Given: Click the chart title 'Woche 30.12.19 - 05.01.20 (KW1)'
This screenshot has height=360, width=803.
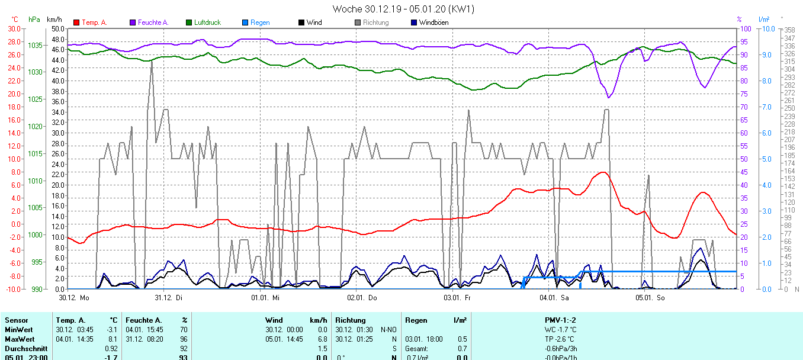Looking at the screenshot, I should [403, 9].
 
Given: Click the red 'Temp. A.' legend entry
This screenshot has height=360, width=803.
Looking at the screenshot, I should [94, 22].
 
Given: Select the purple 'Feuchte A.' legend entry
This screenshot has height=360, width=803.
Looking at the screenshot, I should [153, 22].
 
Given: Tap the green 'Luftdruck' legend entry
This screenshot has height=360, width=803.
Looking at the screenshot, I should [207, 22].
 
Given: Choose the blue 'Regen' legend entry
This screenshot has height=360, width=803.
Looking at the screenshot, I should [260, 22].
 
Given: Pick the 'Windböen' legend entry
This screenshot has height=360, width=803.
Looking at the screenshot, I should [433, 22].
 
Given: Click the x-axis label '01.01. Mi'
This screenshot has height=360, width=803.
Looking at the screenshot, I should [265, 297].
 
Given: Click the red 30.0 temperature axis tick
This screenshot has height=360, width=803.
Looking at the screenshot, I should [13, 28].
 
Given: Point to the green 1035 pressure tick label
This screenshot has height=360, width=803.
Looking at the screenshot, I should [35, 45].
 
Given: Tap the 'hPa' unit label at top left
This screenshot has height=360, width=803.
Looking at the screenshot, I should [34, 20].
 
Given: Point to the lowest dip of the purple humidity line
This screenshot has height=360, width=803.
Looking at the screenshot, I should [608, 98].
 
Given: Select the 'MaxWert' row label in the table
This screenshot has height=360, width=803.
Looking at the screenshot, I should [18, 339].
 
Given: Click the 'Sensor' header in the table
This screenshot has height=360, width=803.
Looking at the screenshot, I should [16, 320].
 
